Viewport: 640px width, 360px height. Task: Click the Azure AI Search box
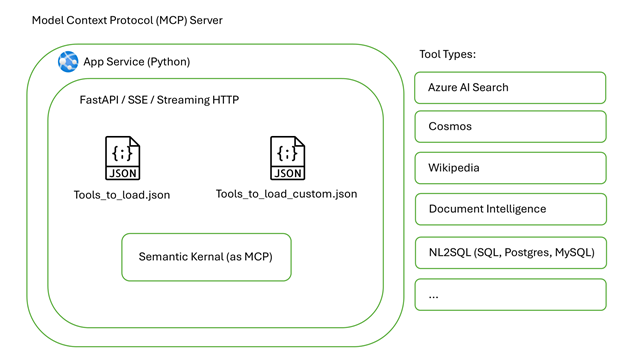pyautogui.click(x=510, y=88)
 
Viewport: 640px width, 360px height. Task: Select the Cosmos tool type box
pyautogui.click(x=510, y=127)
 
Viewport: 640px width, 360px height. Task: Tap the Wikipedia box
pyautogui.click(x=510, y=168)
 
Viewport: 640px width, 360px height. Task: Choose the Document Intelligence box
pyautogui.click(x=510, y=209)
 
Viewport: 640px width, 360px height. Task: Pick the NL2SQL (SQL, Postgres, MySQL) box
pyautogui.click(x=510, y=253)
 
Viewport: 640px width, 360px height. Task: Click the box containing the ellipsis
pyautogui.click(x=510, y=295)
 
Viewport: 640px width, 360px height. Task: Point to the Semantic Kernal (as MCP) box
pyautogui.click(x=206, y=259)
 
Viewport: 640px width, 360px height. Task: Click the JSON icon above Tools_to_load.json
pyautogui.click(x=122, y=160)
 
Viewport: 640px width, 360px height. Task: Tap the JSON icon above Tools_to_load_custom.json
pyautogui.click(x=287, y=160)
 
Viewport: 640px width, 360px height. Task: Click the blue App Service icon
pyautogui.click(x=68, y=61)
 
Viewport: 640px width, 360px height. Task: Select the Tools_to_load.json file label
pyautogui.click(x=122, y=195)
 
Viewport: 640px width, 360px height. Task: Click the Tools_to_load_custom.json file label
pyautogui.click(x=286, y=194)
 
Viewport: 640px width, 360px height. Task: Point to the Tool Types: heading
pyautogui.click(x=446, y=54)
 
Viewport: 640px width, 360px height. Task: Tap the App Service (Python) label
pyautogui.click(x=137, y=62)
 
